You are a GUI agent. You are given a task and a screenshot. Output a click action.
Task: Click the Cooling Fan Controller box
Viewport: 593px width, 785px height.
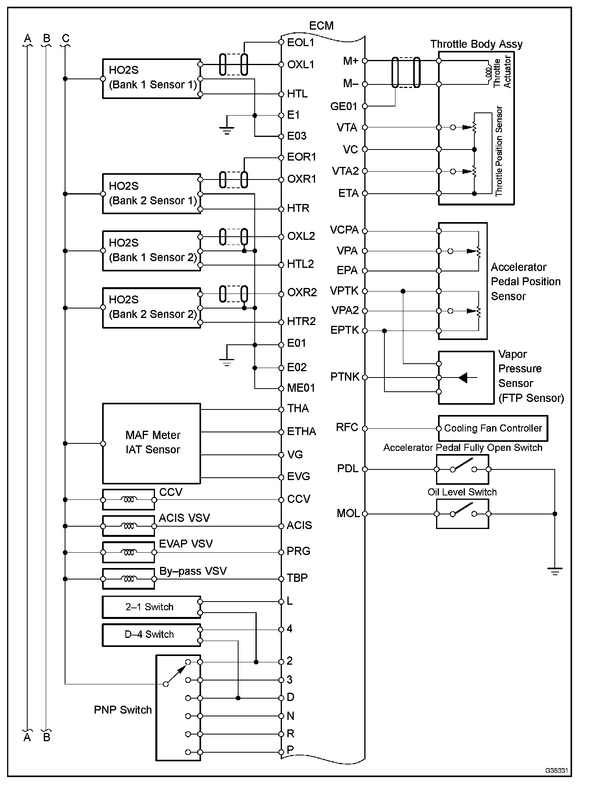tap(493, 428)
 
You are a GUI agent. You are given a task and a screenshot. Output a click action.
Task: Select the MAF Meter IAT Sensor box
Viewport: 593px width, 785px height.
tap(152, 443)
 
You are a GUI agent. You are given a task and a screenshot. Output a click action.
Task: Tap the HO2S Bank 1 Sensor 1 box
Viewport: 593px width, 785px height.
tap(152, 78)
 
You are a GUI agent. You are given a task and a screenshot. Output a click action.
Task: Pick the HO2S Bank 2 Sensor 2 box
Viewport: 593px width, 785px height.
tap(152, 308)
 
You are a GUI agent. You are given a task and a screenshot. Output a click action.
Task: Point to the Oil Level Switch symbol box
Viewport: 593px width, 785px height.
tap(462, 514)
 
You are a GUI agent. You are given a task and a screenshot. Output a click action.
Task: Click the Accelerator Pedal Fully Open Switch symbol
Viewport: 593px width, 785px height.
tap(462, 469)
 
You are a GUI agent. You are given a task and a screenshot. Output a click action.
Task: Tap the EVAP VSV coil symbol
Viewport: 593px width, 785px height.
tap(129, 552)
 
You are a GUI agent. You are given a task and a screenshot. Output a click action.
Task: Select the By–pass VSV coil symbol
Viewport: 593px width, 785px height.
tap(129, 579)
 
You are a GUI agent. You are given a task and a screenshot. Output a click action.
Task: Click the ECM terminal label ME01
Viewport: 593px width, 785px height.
tap(301, 388)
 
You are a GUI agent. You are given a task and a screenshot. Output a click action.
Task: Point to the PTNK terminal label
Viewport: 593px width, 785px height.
tap(345, 377)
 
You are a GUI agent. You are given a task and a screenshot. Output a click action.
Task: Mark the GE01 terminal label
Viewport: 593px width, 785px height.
tap(343, 106)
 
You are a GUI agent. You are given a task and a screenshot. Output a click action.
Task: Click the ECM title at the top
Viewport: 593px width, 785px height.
tap(321, 26)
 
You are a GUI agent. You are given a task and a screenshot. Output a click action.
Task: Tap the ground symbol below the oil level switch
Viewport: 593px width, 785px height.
tap(555, 571)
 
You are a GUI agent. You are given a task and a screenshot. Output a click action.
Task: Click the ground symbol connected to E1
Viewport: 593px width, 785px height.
tap(227, 130)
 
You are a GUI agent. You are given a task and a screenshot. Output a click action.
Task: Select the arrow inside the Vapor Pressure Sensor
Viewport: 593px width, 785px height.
tap(464, 378)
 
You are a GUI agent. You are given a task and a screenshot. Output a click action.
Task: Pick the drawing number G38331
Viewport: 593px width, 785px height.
tap(556, 770)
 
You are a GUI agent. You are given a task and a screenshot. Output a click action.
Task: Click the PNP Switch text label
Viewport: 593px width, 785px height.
tap(123, 710)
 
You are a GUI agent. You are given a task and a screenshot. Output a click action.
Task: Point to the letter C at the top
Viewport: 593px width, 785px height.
tap(65, 39)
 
